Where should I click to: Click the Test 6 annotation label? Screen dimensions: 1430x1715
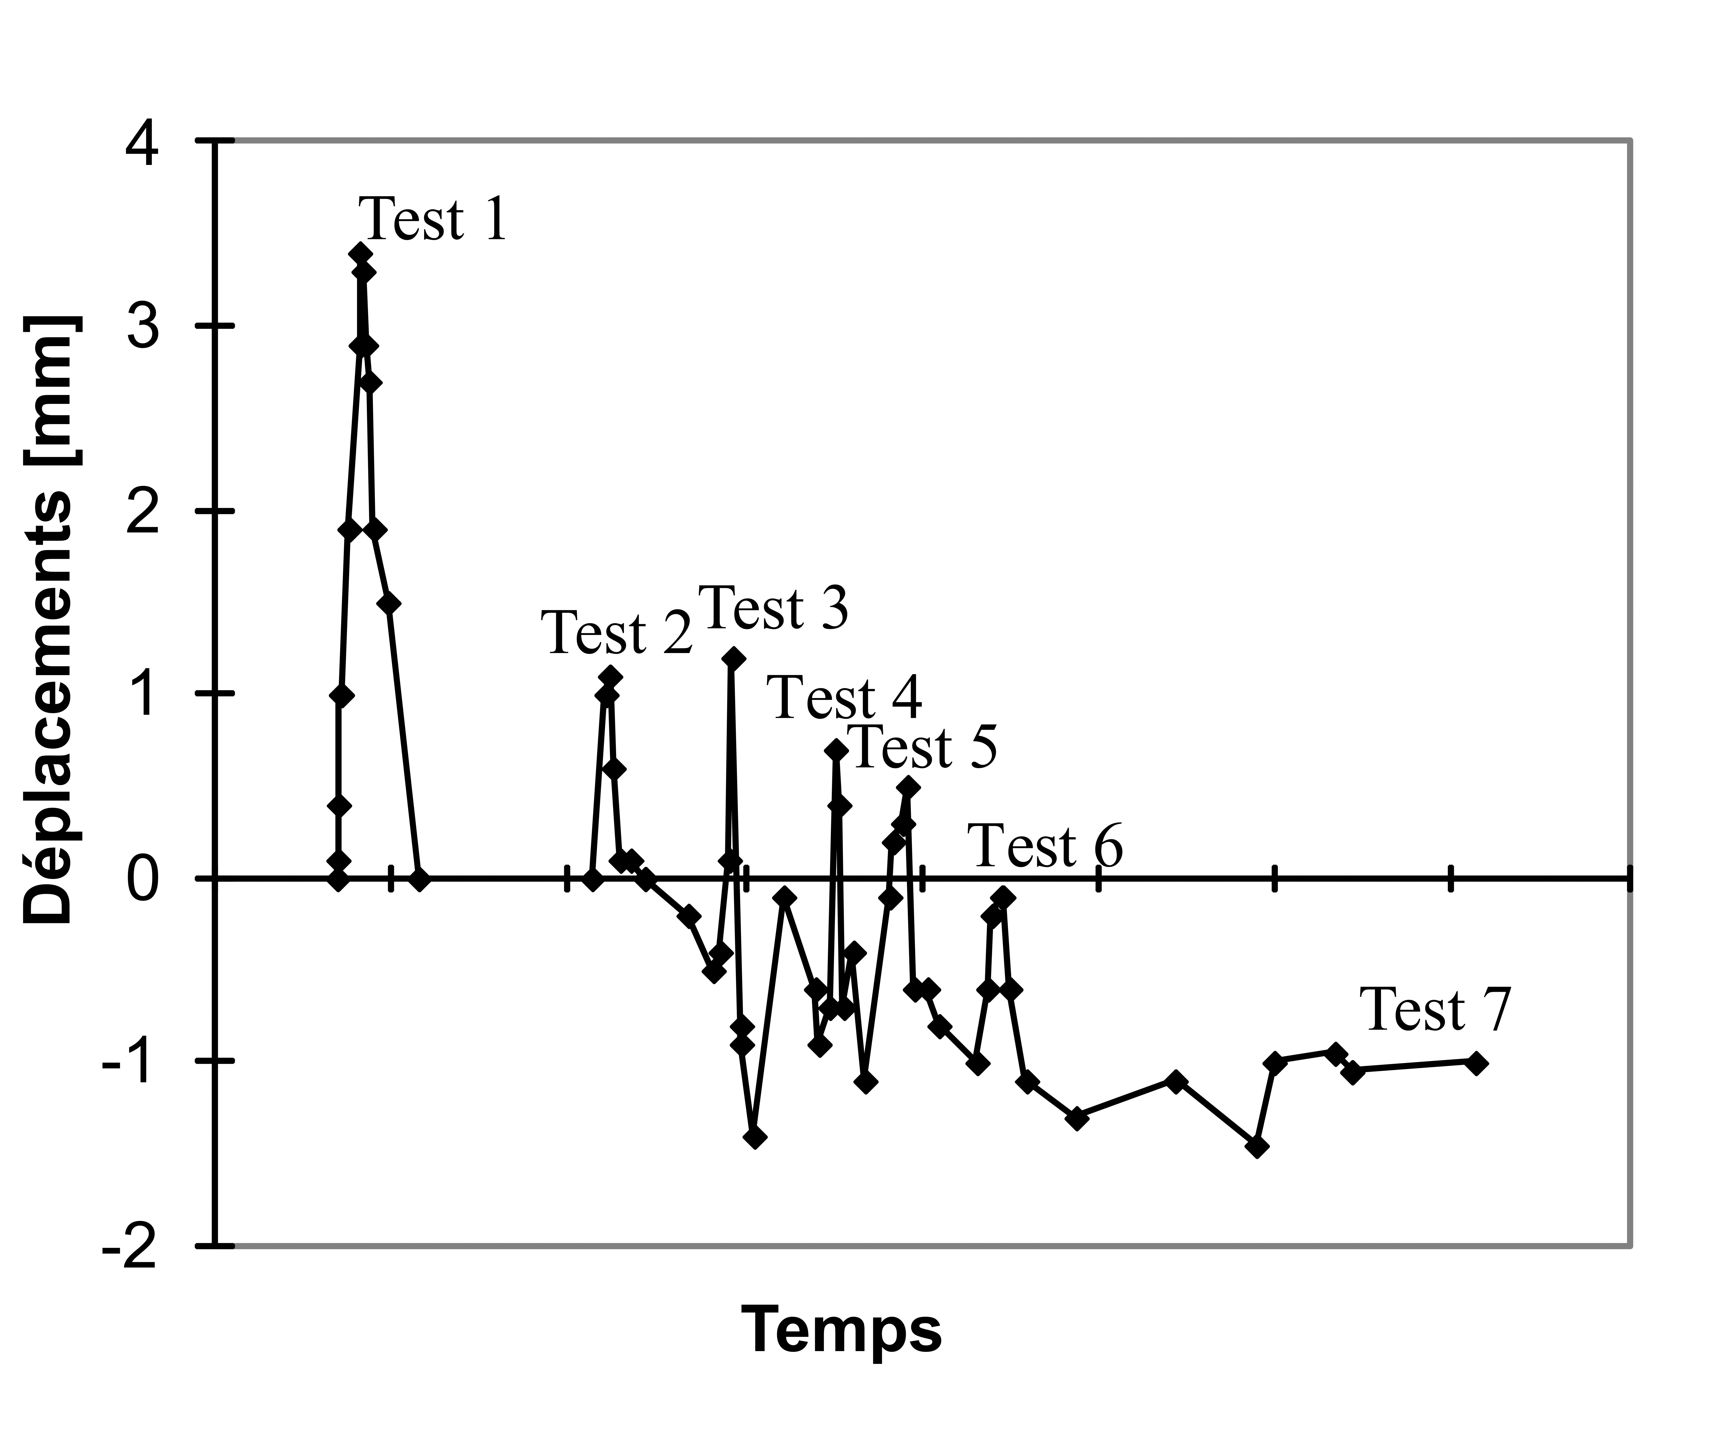click(x=1045, y=846)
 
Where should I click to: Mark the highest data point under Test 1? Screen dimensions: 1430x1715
click(x=360, y=254)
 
